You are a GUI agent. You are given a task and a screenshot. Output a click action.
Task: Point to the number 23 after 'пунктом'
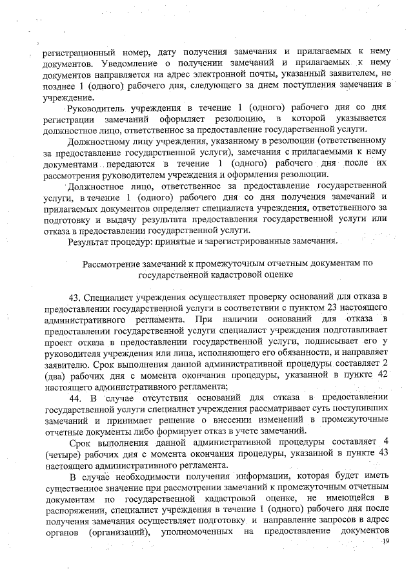pyautogui.click(x=330, y=307)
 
